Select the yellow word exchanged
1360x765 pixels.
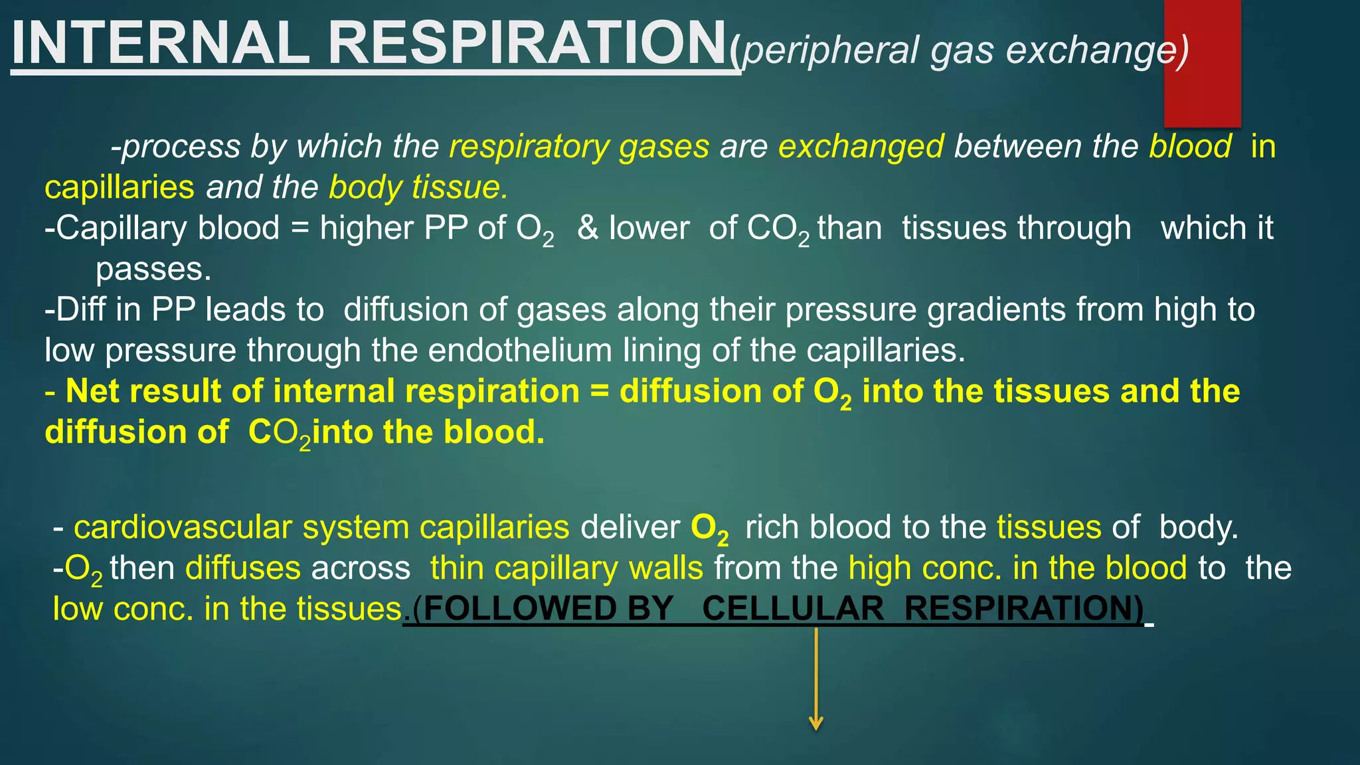[861, 147]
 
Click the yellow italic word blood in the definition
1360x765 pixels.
[1190, 147]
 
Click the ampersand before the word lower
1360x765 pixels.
[587, 228]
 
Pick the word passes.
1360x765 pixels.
[153, 270]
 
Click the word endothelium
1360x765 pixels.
[520, 351]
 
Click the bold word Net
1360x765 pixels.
[93, 391]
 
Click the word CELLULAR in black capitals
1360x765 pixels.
[793, 609]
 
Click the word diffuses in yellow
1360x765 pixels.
[243, 568]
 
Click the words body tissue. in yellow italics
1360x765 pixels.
[418, 188]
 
